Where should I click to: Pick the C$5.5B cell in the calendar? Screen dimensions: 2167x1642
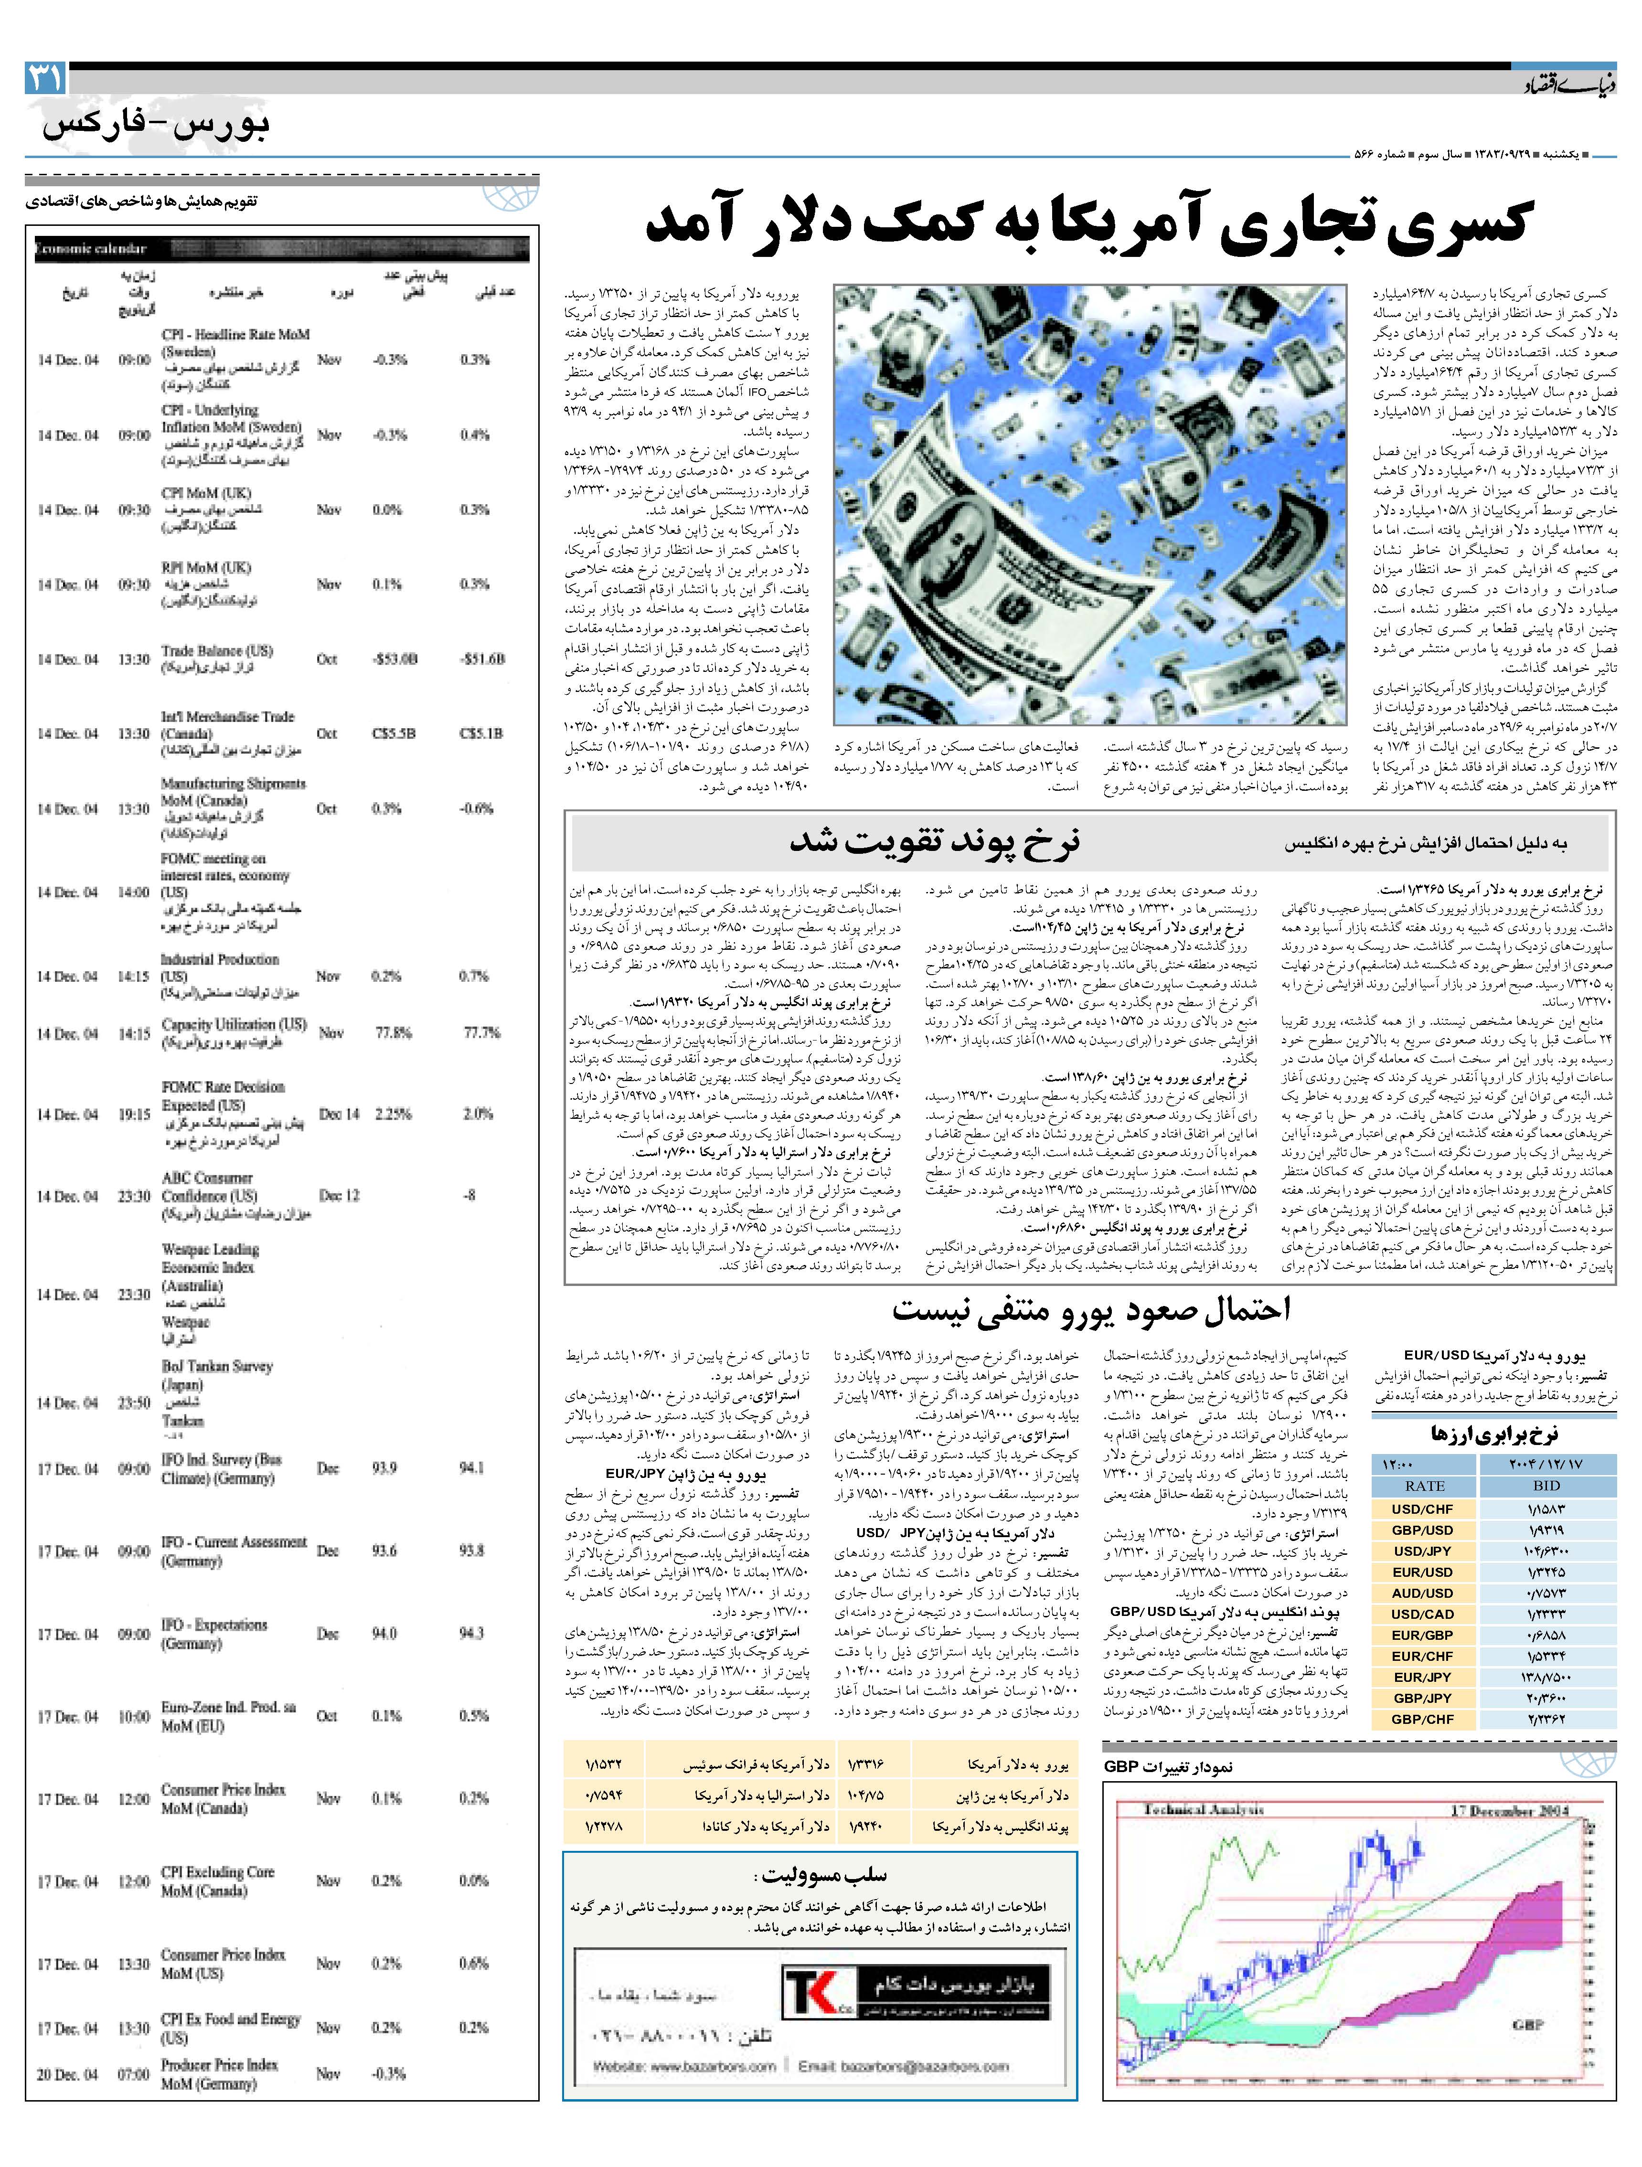pyautogui.click(x=394, y=734)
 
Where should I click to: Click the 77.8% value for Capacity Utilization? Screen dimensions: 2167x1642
pyautogui.click(x=393, y=1032)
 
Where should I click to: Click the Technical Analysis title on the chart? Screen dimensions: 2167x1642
pyautogui.click(x=1203, y=1809)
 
